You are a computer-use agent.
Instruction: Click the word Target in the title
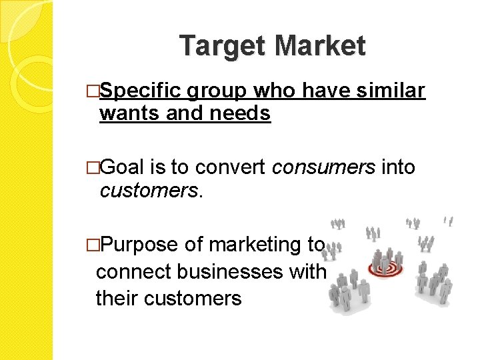(x=223, y=47)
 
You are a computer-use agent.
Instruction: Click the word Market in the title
(x=320, y=47)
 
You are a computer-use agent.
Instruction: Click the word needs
(x=240, y=114)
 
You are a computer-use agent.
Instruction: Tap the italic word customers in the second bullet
(x=149, y=191)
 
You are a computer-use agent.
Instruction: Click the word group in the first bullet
(x=217, y=91)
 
